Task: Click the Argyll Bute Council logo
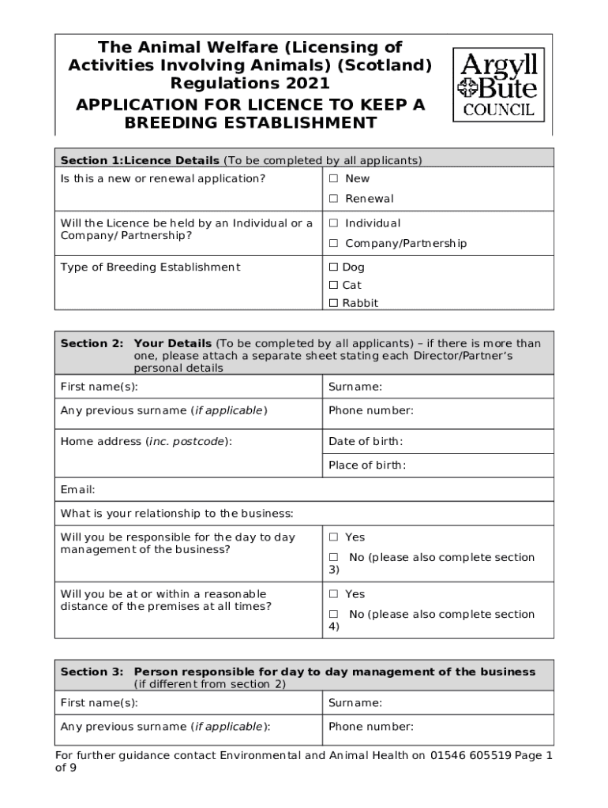(498, 84)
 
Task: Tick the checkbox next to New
(334, 179)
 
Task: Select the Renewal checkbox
(334, 199)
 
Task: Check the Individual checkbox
(334, 224)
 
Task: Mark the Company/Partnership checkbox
(334, 244)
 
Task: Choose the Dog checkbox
(334, 267)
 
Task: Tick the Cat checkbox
(334, 286)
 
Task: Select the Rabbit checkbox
(334, 304)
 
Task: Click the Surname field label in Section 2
(355, 387)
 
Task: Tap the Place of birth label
(367, 466)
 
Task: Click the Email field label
(78, 490)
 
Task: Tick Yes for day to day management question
(334, 538)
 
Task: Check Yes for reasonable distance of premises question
(334, 595)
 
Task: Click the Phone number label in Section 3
(371, 727)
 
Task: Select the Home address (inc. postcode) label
(146, 442)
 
